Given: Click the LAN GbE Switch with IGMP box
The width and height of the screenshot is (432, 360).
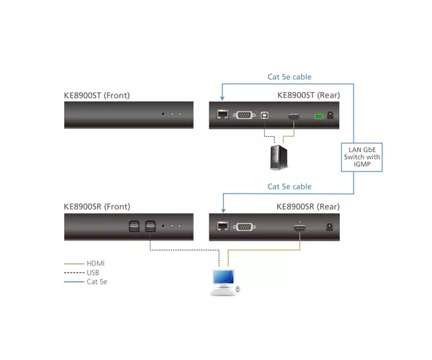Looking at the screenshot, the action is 361,157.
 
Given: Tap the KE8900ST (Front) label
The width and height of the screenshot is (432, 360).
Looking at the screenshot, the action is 96,95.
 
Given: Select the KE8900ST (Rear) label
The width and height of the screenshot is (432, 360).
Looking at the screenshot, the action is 309,95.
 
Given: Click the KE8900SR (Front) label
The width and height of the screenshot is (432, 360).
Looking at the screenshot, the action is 97,207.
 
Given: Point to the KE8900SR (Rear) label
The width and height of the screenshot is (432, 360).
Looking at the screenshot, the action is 308,207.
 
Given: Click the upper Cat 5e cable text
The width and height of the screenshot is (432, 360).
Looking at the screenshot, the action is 289,77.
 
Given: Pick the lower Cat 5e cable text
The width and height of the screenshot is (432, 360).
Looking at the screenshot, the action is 289,186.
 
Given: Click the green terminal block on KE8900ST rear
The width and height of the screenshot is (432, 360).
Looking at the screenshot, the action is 318,116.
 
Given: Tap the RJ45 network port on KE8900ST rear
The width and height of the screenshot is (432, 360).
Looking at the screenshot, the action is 222,114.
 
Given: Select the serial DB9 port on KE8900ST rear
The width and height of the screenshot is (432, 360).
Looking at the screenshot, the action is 244,115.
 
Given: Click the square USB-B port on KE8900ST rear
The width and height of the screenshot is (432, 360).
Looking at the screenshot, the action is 264,115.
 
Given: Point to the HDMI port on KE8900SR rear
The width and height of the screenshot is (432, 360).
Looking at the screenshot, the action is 300,228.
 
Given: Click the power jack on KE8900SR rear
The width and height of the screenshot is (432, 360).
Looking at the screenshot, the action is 329,227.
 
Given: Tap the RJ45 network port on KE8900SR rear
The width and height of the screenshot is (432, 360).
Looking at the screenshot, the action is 222,226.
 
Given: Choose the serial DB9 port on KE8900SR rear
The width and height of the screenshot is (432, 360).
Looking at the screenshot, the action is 244,227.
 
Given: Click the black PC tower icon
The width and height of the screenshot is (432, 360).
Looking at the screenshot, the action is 279,157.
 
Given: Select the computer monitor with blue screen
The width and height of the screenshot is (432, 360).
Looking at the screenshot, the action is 224,279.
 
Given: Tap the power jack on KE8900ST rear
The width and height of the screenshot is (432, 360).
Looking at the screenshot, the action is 330,115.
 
